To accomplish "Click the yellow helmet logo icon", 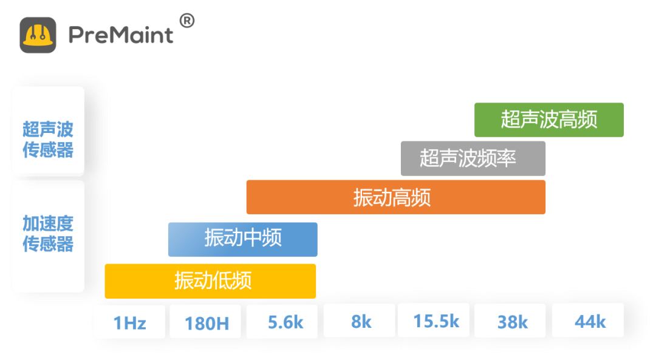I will (38, 35).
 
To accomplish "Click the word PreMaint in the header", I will (121, 35).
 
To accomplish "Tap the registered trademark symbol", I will (187, 21).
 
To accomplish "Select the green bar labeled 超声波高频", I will (548, 120).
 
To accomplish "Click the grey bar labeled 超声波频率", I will (473, 158).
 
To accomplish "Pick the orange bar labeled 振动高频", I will (395, 197).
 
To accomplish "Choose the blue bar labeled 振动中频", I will (242, 239).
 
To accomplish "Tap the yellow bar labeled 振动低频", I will (210, 280).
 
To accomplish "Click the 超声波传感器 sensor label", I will (48, 140).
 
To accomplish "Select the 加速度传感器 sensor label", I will (48, 234).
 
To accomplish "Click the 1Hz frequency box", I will (129, 322).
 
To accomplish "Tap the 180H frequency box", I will (206, 322).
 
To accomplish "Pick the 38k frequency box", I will (512, 321).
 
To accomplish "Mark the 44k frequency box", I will (589, 321).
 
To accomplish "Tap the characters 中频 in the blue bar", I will (262, 239).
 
